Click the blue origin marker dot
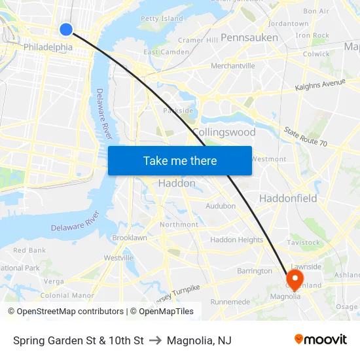coord(66,29)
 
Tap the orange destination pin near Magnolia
coord(295,278)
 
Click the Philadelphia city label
coord(48,47)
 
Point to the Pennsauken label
coord(249,37)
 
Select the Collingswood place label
coord(224,132)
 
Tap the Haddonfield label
coord(288,198)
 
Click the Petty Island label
coord(162,18)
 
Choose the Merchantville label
coord(232,65)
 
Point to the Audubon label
coord(221,206)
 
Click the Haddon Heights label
coord(236,240)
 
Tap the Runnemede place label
coord(230,302)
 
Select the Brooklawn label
coord(130,238)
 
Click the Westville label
coord(118,258)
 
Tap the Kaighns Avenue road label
coord(320,84)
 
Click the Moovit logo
coord(321,340)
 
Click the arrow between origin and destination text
coord(155,340)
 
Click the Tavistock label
coord(304,242)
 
